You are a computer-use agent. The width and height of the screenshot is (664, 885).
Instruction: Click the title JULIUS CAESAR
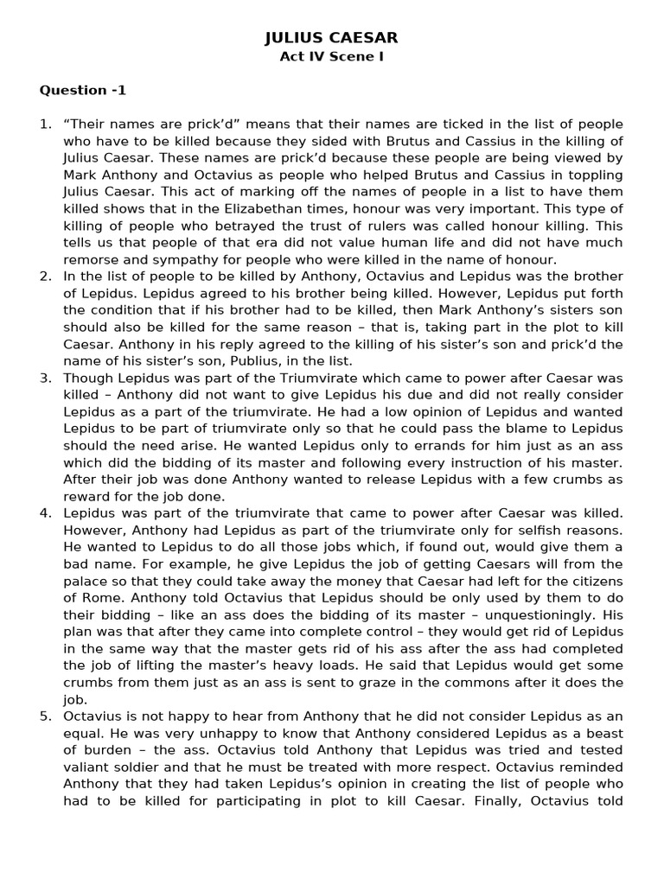click(x=331, y=39)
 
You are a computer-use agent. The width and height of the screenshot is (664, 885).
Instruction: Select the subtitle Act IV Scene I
click(x=331, y=58)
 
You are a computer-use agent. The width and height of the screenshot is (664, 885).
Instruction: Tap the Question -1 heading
click(x=83, y=91)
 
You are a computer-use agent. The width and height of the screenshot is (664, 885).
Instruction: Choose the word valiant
click(x=89, y=767)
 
